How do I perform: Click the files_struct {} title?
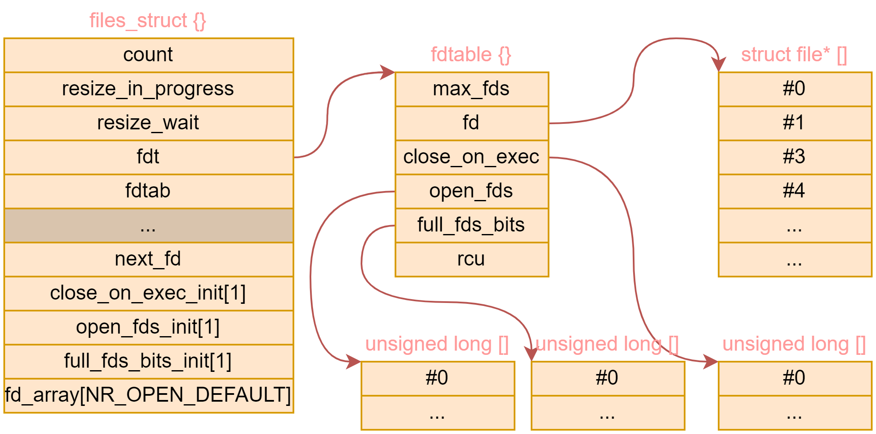click(148, 20)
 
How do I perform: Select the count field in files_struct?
click(148, 55)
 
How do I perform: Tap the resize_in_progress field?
click(148, 89)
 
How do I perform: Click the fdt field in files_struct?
click(148, 157)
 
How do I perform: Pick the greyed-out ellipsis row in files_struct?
click(148, 226)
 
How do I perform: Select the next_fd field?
click(148, 259)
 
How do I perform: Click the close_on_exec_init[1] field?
click(148, 293)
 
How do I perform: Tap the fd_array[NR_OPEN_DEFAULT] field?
click(148, 395)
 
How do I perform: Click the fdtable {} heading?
click(471, 54)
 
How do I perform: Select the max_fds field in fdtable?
click(471, 89)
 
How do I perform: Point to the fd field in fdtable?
click(471, 123)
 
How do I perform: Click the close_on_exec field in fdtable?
click(471, 157)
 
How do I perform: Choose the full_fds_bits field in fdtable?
click(471, 225)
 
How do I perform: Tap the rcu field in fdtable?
click(471, 259)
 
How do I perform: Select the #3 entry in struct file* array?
click(794, 157)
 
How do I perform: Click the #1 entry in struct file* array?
click(794, 123)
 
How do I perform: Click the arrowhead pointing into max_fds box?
click(388, 72)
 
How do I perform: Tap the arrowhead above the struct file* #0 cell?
click(719, 65)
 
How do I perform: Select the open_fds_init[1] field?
click(148, 327)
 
